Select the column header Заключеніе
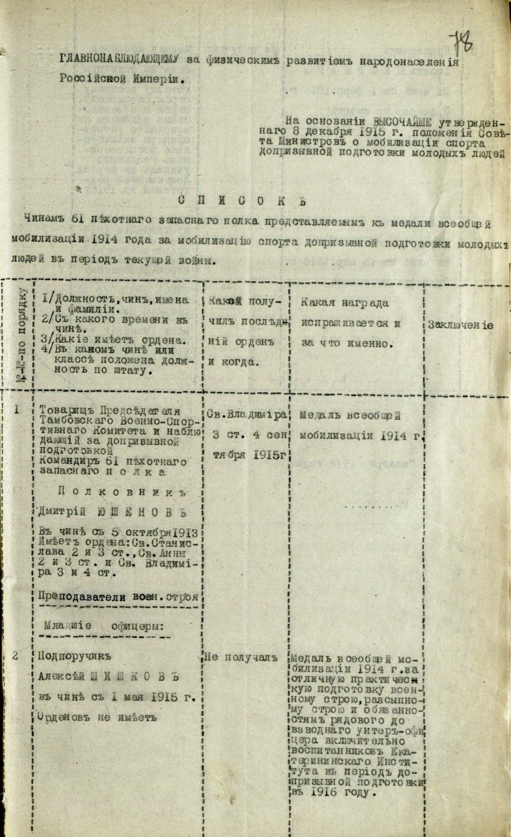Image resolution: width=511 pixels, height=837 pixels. click(460, 325)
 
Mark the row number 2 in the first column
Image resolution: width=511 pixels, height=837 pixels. click(16, 656)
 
